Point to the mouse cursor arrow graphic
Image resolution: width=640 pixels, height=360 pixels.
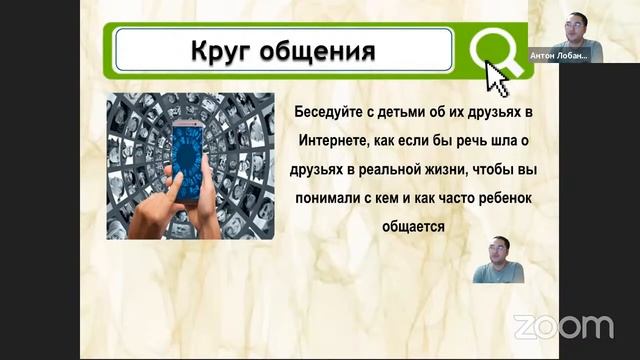click(496, 78)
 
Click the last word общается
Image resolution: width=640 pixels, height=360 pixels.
click(413, 227)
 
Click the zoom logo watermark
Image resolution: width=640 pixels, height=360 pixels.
click(563, 327)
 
